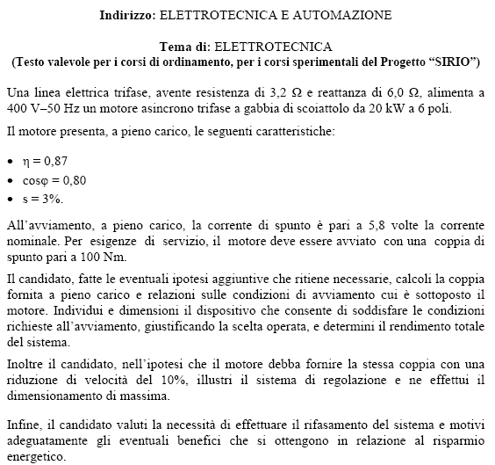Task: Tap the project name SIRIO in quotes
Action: point(452,62)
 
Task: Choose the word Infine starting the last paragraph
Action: point(23,425)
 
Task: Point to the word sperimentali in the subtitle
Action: point(282,62)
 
